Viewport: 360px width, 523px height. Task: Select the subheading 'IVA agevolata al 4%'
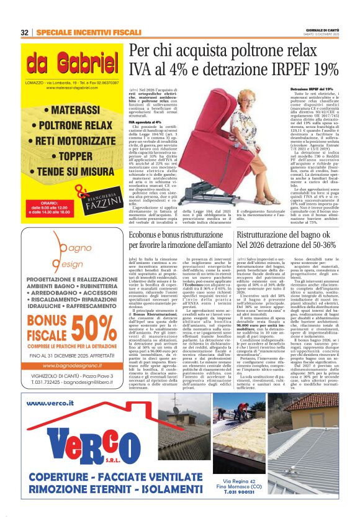point(143,122)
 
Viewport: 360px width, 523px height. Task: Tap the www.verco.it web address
point(52,402)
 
